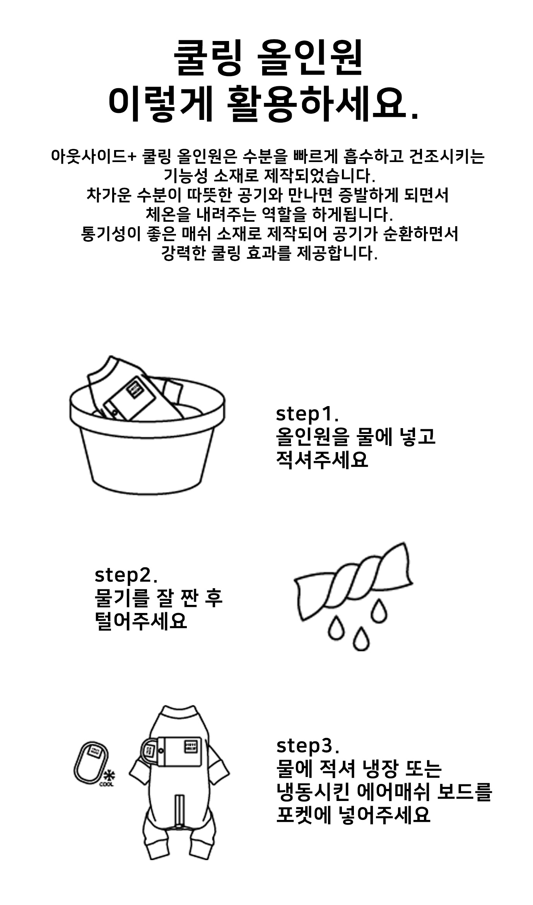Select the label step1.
pyautogui.click(x=307, y=415)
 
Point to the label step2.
pyautogui.click(x=126, y=575)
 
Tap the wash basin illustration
pyautogui.click(x=147, y=425)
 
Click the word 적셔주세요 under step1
pyautogui.click(x=322, y=461)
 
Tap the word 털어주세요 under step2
pyautogui.click(x=141, y=621)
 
